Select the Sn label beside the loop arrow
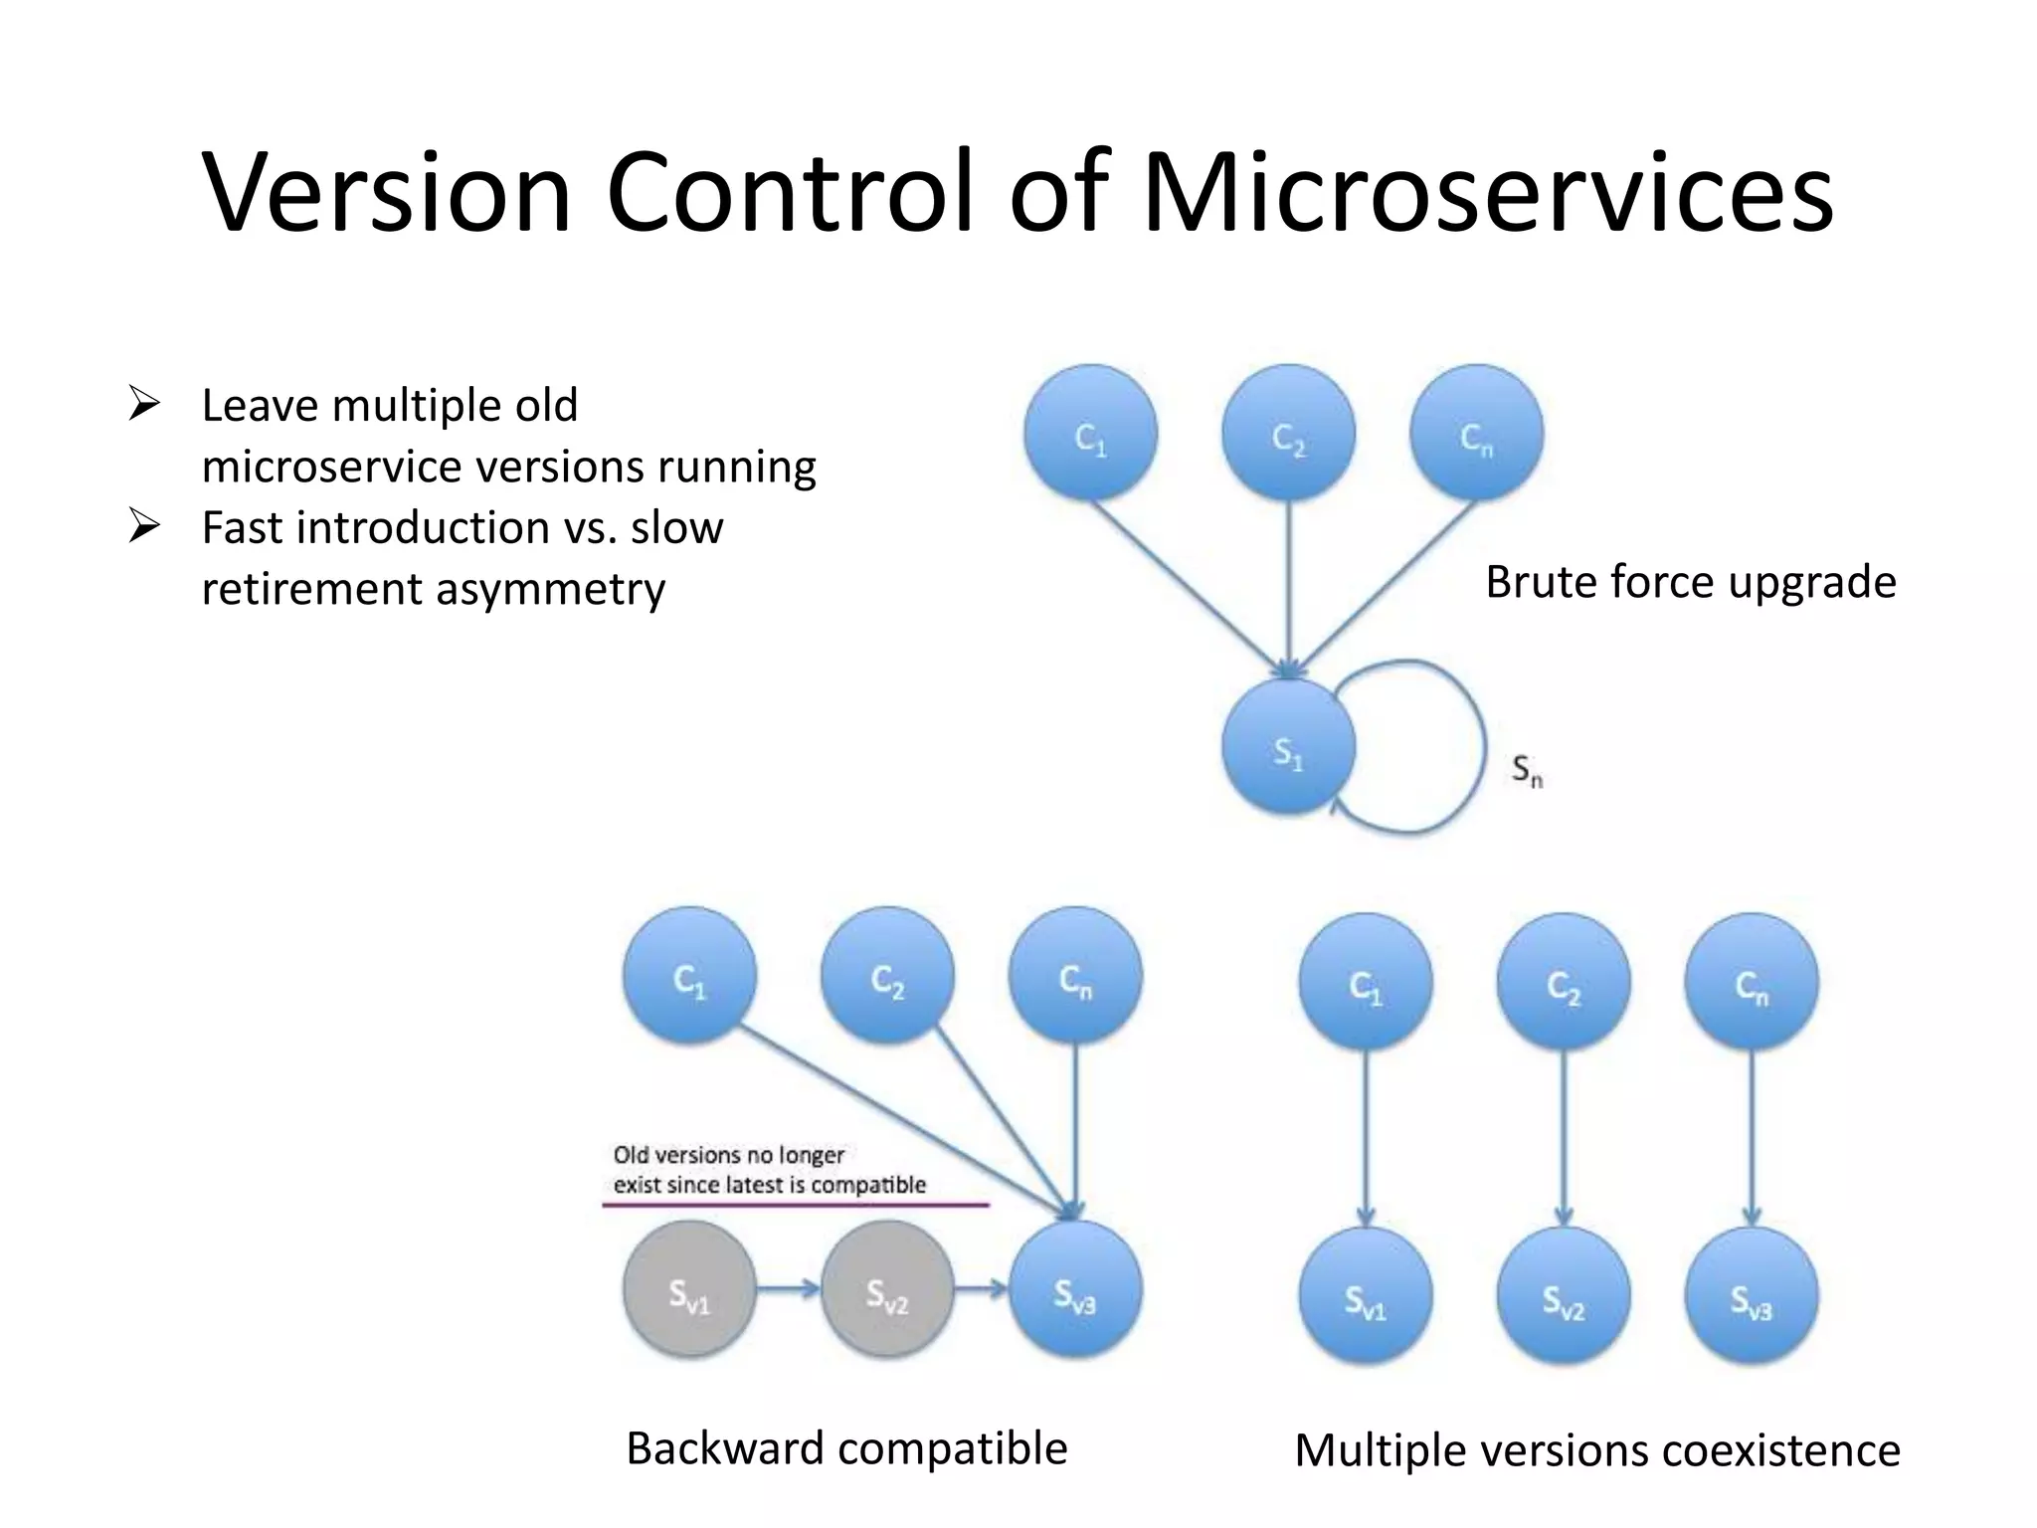[1527, 771]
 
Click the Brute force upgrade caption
[1690, 582]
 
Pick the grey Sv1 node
[689, 1290]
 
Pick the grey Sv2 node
[886, 1290]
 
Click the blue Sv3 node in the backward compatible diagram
[1075, 1290]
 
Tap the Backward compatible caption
[846, 1448]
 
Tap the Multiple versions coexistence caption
[1596, 1450]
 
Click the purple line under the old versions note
[796, 1205]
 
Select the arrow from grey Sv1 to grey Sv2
[788, 1289]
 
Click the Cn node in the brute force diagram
[1476, 433]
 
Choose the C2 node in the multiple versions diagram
[1563, 982]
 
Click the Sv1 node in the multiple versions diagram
[1365, 1296]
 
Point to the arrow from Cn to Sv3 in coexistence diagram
[1752, 1134]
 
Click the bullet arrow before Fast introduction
[144, 525]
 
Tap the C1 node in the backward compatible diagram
[689, 976]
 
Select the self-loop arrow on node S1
[1482, 746]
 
